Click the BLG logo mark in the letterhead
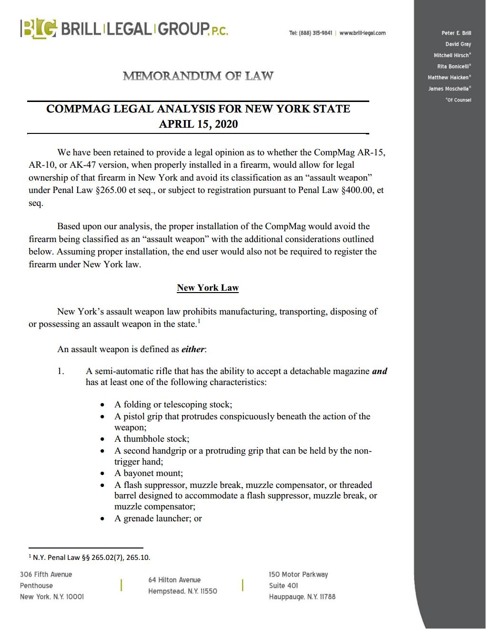(39, 28)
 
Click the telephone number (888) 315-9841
(315, 33)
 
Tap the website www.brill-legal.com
(363, 33)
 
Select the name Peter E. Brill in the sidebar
(456, 33)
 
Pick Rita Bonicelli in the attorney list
(452, 66)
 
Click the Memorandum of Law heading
(198, 76)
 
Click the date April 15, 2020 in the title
(198, 124)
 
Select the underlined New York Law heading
(208, 288)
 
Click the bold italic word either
(193, 349)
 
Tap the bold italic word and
(379, 371)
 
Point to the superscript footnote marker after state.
(198, 322)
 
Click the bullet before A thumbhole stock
(102, 439)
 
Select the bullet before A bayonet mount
(102, 474)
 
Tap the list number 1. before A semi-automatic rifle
(61, 371)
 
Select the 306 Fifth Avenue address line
(46, 575)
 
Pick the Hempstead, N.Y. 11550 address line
(182, 591)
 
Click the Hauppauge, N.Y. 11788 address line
(302, 597)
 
